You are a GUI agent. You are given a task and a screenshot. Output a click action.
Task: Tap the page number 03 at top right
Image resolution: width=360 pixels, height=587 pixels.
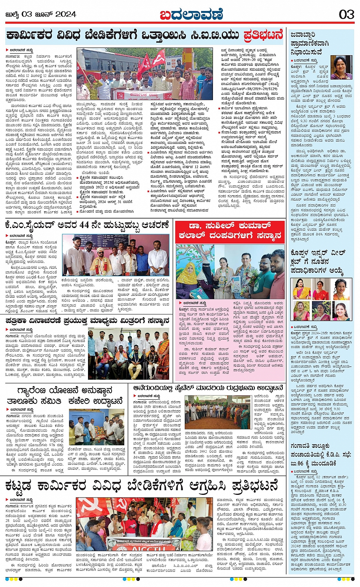pyautogui.click(x=346, y=14)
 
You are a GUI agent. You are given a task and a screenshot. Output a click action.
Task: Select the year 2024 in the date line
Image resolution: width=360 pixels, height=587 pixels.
pyautogui.click(x=66, y=14)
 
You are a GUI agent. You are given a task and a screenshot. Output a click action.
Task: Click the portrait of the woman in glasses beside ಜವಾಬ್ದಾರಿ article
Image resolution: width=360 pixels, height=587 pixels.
pyautogui.click(x=341, y=67)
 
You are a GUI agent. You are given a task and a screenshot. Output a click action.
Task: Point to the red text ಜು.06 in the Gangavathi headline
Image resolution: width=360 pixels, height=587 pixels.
pyautogui.click(x=298, y=463)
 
